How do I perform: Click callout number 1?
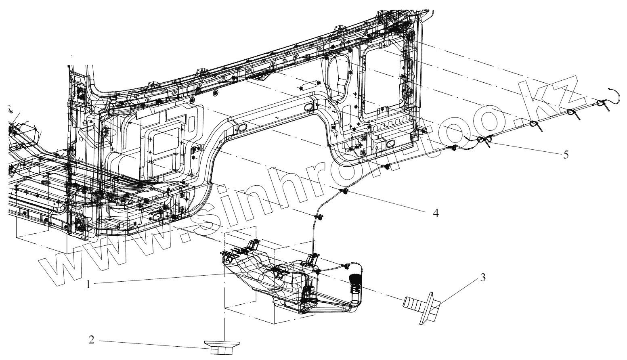click(x=88, y=284)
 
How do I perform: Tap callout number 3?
click(x=482, y=278)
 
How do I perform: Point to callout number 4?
click(x=435, y=213)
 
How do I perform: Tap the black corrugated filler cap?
click(x=354, y=280)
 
